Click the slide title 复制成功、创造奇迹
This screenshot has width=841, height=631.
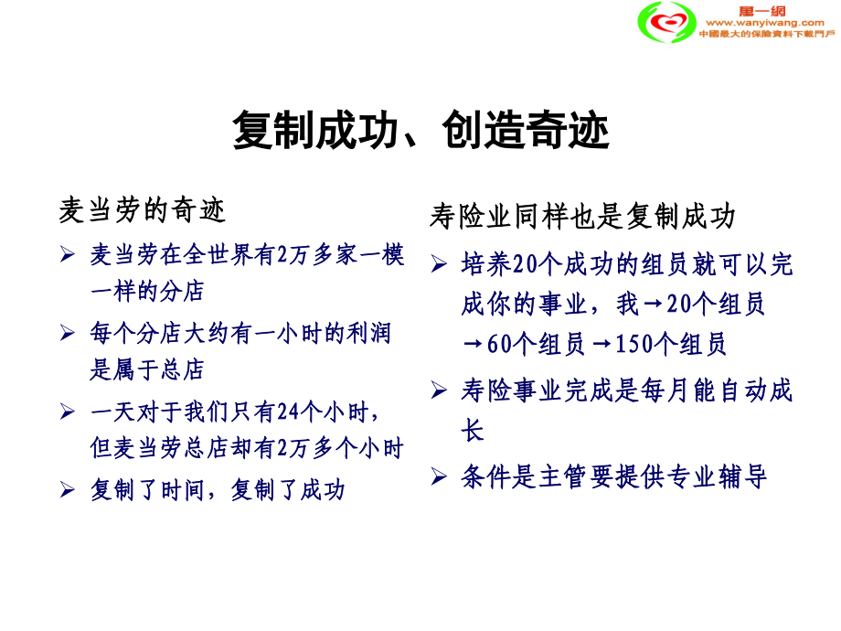pyautogui.click(x=420, y=131)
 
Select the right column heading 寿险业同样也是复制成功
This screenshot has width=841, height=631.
pyautogui.click(x=582, y=217)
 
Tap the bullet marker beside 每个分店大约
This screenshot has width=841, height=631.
pyautogui.click(x=67, y=334)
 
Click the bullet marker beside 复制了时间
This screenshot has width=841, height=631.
pyautogui.click(x=67, y=490)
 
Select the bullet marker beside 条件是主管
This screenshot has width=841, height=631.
pyautogui.click(x=439, y=476)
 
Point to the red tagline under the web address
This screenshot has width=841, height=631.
pyautogui.click(x=766, y=34)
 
